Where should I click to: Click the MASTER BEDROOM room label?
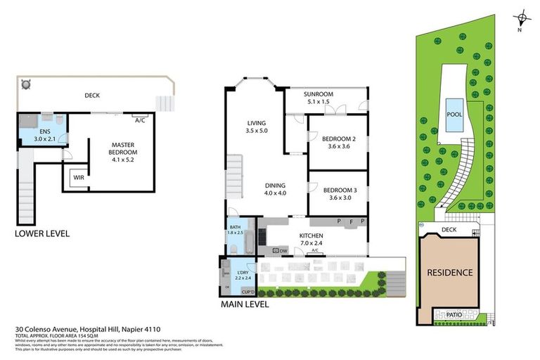click(123, 148)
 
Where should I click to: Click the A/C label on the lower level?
click(139, 120)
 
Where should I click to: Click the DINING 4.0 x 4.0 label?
click(276, 189)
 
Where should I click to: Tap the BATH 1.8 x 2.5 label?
click(235, 231)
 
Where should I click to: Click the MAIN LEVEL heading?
click(245, 305)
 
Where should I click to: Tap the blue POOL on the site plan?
click(453, 117)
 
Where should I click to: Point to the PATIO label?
click(454, 314)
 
